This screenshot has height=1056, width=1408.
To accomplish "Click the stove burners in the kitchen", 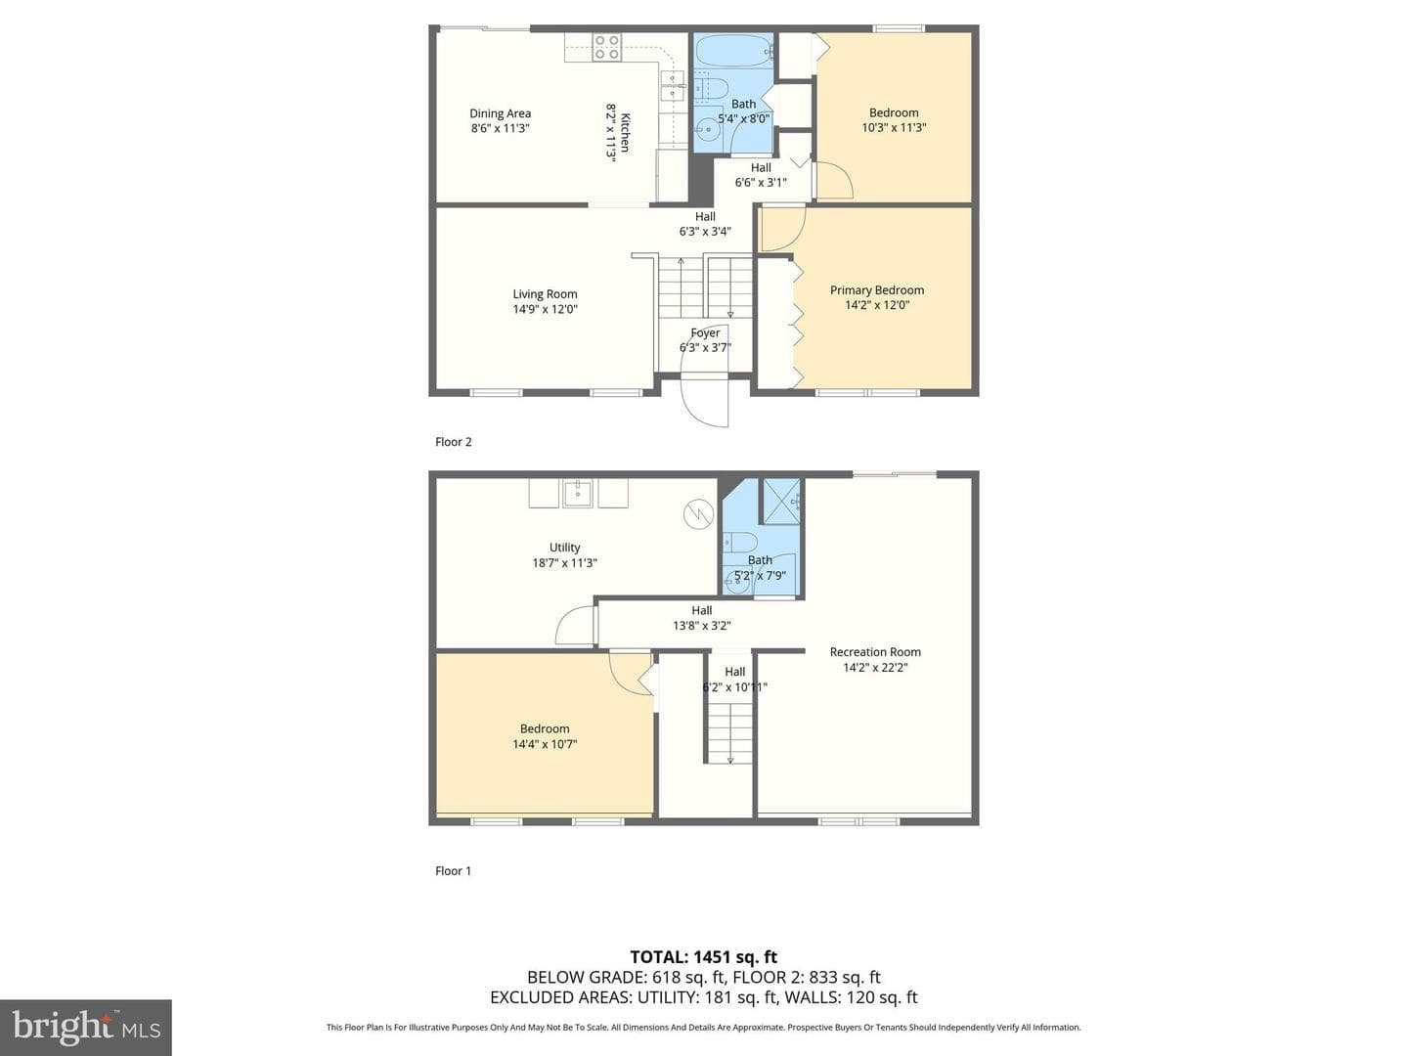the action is [x=607, y=48].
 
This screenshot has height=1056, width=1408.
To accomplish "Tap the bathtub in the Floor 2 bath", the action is [x=734, y=51].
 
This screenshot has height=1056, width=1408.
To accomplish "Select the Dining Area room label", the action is [x=500, y=113].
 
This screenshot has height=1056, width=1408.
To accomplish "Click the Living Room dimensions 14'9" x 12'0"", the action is [x=545, y=309].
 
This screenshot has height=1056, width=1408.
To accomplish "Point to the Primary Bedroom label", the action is [x=877, y=290].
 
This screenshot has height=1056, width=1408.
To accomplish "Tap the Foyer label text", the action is [x=705, y=332].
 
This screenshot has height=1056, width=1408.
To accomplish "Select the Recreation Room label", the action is [x=875, y=652].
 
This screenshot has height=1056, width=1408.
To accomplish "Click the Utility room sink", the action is [x=578, y=493].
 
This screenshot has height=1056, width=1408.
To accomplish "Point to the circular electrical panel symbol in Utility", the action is [x=698, y=514].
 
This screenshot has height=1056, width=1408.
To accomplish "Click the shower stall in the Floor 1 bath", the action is [x=780, y=502].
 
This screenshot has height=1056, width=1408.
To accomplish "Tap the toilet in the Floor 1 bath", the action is [x=739, y=543].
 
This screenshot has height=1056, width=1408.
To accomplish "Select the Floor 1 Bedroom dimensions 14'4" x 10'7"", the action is [x=545, y=744].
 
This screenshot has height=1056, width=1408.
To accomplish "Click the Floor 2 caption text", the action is [x=454, y=442].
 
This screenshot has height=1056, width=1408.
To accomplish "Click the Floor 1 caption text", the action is [x=453, y=870].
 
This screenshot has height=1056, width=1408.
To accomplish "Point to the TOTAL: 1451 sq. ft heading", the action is [x=704, y=957].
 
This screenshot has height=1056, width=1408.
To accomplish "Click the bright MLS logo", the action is [x=86, y=1028].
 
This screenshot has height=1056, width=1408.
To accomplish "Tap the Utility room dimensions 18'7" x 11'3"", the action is [x=564, y=563].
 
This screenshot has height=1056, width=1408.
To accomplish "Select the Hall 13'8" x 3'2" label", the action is [x=702, y=618].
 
